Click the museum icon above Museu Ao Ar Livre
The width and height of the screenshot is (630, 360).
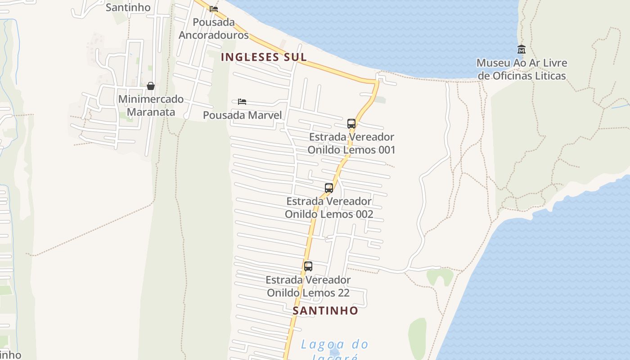(522, 49)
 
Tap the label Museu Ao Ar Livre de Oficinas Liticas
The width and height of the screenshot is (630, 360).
(522, 69)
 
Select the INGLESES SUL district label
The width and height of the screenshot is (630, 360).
(264, 57)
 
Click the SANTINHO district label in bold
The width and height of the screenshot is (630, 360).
(325, 310)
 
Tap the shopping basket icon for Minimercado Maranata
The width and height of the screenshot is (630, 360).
(151, 86)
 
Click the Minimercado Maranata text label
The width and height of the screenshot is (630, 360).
(151, 105)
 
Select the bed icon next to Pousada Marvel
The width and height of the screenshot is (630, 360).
(242, 102)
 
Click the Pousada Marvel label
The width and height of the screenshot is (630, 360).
(242, 115)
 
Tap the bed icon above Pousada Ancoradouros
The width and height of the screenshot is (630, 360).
(214, 9)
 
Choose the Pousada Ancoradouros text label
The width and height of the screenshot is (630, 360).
(214, 28)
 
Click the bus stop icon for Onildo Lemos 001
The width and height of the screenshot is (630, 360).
(351, 124)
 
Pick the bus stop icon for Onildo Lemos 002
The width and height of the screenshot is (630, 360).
(329, 188)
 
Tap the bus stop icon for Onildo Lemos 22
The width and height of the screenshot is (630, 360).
(308, 266)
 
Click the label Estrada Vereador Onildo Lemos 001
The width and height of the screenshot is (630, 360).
(351, 143)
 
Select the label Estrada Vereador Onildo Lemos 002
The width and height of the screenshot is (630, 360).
(329, 207)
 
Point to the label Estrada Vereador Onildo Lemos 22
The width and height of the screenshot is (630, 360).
(308, 286)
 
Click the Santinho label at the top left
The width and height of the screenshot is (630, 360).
(128, 7)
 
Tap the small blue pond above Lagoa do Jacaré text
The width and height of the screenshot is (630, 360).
(334, 351)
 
